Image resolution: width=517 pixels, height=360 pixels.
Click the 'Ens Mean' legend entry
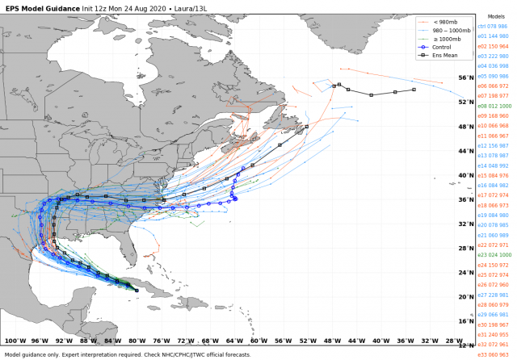coord(445,56)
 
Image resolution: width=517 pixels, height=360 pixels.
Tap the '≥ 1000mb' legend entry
coord(446,39)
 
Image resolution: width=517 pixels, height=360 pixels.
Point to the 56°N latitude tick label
coord(466,77)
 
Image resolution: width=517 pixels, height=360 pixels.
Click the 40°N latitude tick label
coord(466,175)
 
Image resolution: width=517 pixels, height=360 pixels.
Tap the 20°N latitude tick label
coord(466,296)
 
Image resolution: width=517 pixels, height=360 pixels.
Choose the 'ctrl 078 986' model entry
coord(493,26)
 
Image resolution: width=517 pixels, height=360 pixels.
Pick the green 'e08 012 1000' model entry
coord(494,106)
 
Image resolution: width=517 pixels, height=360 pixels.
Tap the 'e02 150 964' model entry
coord(493,46)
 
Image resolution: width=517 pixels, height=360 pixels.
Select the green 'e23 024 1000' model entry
coord(494,255)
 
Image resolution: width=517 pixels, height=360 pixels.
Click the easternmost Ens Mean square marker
coord(414,90)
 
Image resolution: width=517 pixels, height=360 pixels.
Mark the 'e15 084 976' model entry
coord(493,175)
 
